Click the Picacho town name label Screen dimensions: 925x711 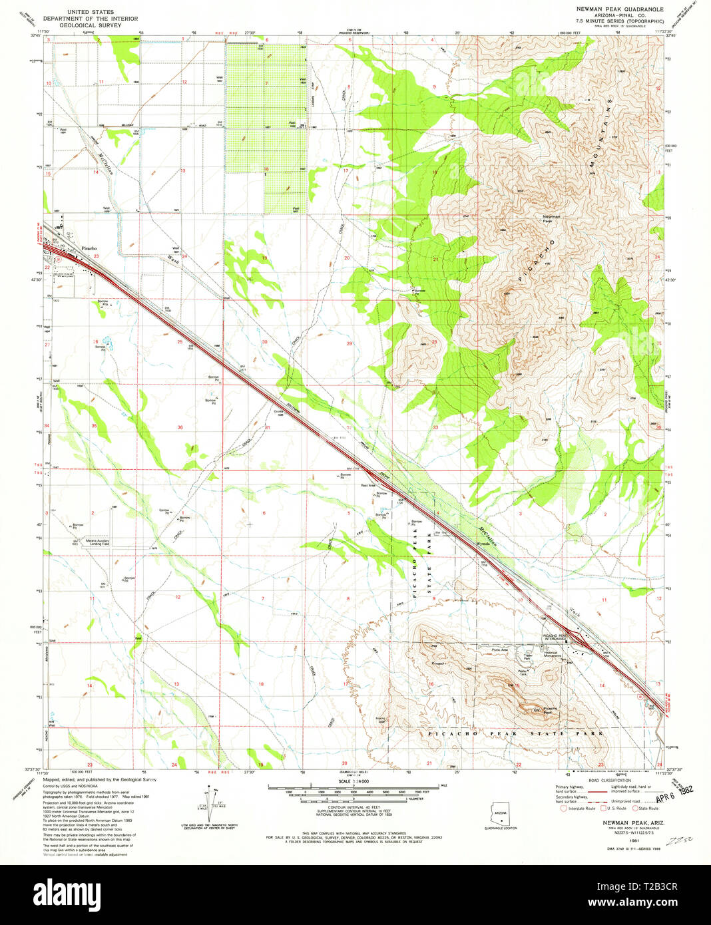click(x=89, y=248)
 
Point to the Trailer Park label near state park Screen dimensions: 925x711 click(x=529, y=656)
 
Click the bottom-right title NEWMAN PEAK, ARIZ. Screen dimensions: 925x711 click(x=610, y=823)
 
